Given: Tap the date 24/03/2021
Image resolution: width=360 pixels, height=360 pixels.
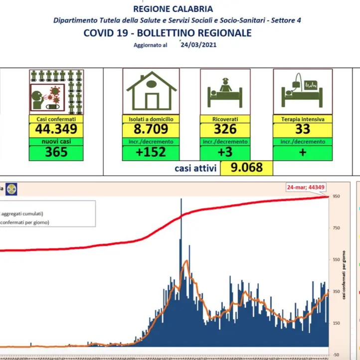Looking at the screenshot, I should (198, 44).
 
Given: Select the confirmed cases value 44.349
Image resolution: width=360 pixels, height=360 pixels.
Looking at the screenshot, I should (56, 130).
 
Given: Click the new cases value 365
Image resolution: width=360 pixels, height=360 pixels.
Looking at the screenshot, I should (56, 153).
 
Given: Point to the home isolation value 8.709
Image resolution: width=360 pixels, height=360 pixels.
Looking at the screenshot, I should (151, 130).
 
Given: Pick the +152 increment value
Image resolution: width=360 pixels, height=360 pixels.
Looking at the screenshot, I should (151, 153).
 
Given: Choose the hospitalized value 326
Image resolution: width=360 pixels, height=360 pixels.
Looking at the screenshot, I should (225, 130).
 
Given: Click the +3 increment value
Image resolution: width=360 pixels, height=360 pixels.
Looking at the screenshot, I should (225, 153).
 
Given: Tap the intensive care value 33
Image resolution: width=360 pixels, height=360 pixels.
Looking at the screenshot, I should (302, 130).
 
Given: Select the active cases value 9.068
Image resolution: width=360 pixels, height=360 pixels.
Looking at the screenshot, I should (246, 168).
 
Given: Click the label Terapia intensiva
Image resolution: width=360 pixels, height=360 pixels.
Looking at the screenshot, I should (302, 120).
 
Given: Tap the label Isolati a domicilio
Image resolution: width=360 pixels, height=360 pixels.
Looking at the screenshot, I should (151, 120).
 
